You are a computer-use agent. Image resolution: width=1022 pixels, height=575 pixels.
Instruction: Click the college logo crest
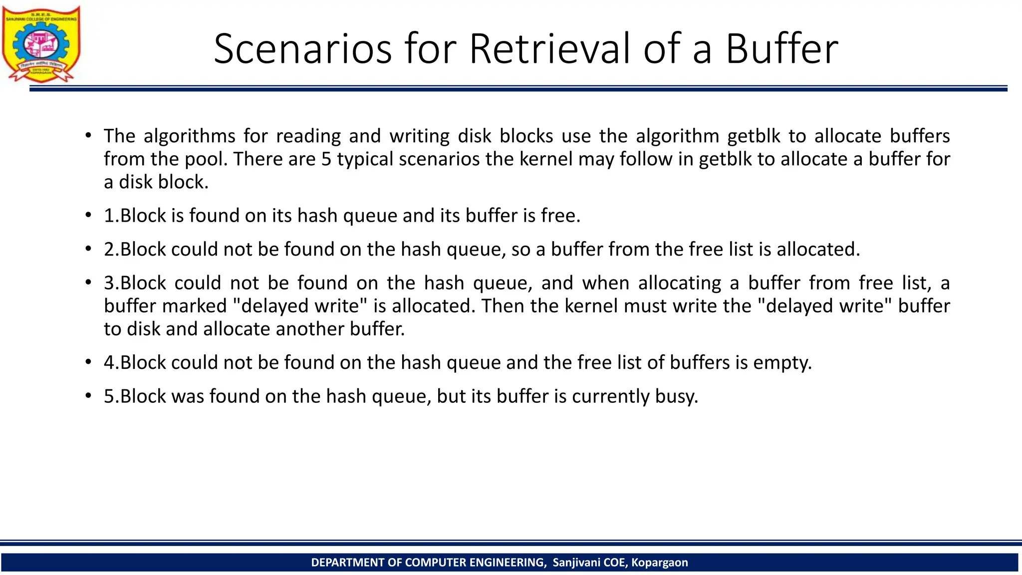point(41,44)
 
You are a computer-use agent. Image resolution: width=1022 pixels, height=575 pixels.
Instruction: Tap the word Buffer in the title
point(781,49)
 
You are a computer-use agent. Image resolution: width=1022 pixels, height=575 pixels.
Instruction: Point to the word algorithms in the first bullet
point(190,136)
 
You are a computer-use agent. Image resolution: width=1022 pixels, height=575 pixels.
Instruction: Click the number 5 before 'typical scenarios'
point(326,159)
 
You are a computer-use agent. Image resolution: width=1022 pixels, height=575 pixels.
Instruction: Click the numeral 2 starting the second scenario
point(109,250)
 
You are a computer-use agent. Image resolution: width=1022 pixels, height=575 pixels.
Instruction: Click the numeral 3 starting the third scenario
point(109,283)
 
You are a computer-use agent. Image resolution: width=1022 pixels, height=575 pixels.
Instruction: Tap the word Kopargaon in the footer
point(659,563)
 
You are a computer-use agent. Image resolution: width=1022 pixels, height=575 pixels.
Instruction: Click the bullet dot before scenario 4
point(88,362)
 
